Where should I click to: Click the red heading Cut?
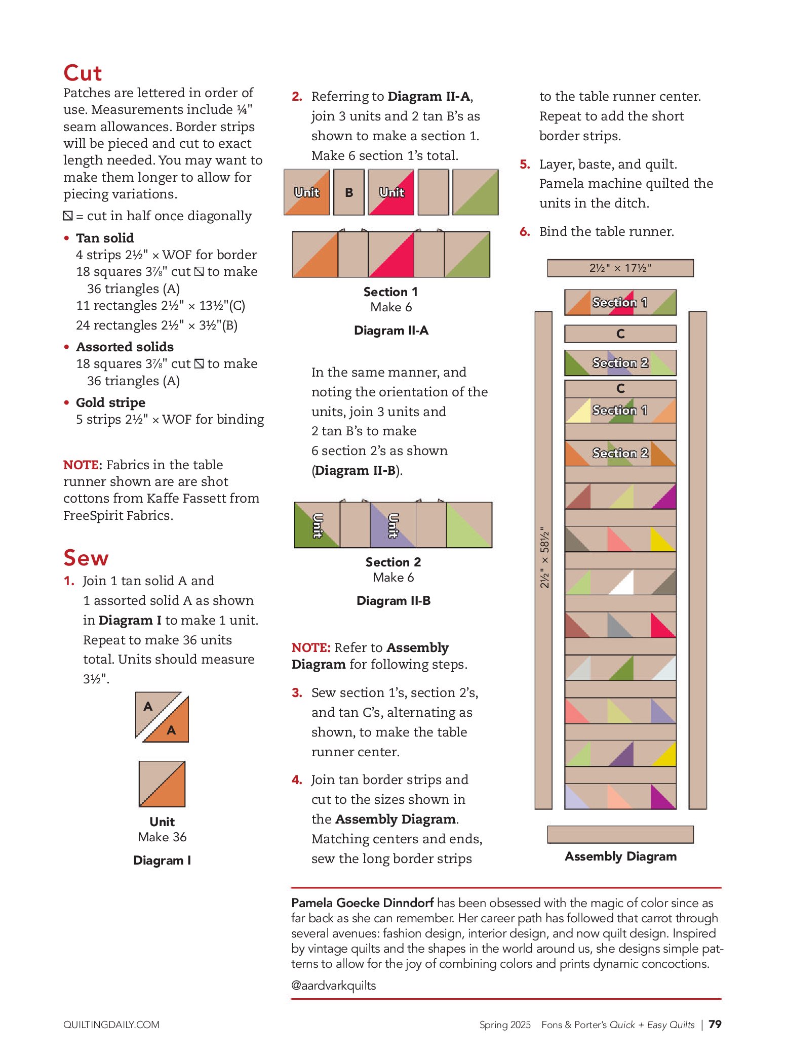point(83,73)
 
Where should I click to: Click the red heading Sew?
point(86,558)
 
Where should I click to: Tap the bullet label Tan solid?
point(105,238)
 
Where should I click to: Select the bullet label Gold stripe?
point(110,402)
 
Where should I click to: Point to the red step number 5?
point(525,164)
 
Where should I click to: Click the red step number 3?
point(297,692)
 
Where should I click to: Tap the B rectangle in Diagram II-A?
point(349,192)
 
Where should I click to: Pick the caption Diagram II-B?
point(394,601)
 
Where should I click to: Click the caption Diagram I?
point(162,860)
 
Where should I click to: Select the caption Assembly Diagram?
point(620,856)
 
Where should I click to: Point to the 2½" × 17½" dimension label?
point(620,268)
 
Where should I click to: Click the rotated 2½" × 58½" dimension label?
point(544,557)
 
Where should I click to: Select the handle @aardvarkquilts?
point(333,986)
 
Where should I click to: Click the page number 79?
point(715,1024)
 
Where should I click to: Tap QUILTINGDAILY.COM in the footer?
point(111,1025)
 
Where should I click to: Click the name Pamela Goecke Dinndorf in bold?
point(362,903)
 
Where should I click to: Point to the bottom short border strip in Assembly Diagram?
point(620,834)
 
